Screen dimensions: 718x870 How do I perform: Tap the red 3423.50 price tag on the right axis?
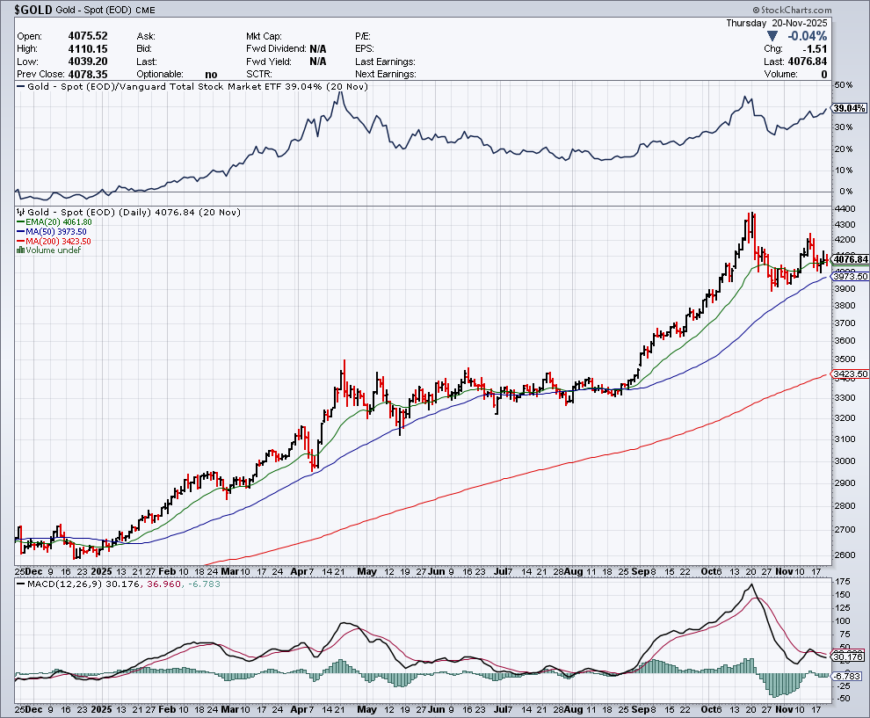(850, 374)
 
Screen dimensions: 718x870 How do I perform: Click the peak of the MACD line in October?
(750, 585)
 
